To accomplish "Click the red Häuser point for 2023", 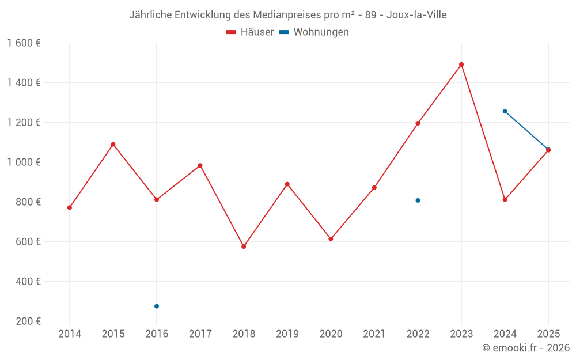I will point(461,65).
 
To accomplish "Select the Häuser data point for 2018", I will point(244,247).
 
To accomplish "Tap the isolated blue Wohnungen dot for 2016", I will point(157,306).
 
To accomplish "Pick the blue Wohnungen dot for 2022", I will point(418,200).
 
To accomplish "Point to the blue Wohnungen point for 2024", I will point(505,111).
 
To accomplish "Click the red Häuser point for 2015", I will point(113,145).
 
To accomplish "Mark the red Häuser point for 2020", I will point(331,239).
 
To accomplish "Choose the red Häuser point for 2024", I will point(505,200).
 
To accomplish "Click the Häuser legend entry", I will point(250,32).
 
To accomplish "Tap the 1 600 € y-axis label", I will point(24,43).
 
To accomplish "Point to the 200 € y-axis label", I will point(28,321).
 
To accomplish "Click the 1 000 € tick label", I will point(24,162).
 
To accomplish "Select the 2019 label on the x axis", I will point(287,334).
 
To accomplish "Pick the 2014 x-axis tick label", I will point(70,334).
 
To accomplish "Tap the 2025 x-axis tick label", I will point(548,334).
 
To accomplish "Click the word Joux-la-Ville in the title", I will point(416,14).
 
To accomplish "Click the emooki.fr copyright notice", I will point(526,348).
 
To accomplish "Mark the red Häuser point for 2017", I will point(200,165).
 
